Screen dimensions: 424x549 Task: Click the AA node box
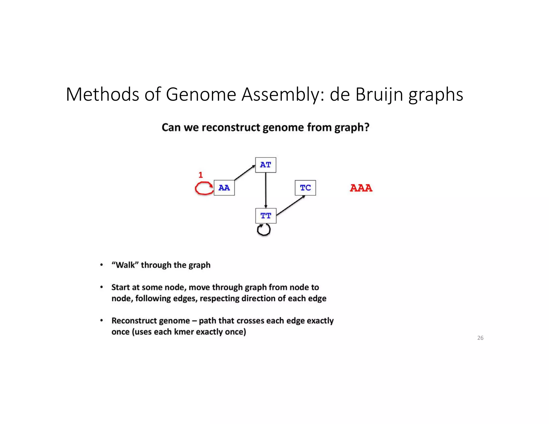pyautogui.click(x=224, y=188)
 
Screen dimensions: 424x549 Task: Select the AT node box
pyautogui.click(x=265, y=165)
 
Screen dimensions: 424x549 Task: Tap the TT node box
pyautogui.click(x=266, y=216)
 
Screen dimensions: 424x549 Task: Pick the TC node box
pyautogui.click(x=305, y=188)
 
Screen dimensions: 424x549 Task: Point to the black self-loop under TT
pyautogui.click(x=264, y=230)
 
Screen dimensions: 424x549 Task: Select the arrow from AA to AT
pyautogui.click(x=244, y=173)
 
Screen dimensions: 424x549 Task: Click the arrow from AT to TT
pyautogui.click(x=266, y=190)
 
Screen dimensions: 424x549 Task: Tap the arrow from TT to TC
pyautogui.click(x=291, y=205)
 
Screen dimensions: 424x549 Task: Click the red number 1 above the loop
pyautogui.click(x=201, y=175)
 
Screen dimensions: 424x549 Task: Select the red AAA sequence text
pyautogui.click(x=361, y=188)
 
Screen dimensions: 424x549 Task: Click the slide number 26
pyautogui.click(x=480, y=338)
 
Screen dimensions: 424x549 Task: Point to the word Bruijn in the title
pyautogui.click(x=379, y=95)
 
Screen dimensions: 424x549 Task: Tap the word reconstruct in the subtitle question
pyautogui.click(x=231, y=127)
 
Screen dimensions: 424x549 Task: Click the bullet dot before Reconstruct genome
pyautogui.click(x=102, y=321)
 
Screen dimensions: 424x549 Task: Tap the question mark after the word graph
pyautogui.click(x=366, y=127)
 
